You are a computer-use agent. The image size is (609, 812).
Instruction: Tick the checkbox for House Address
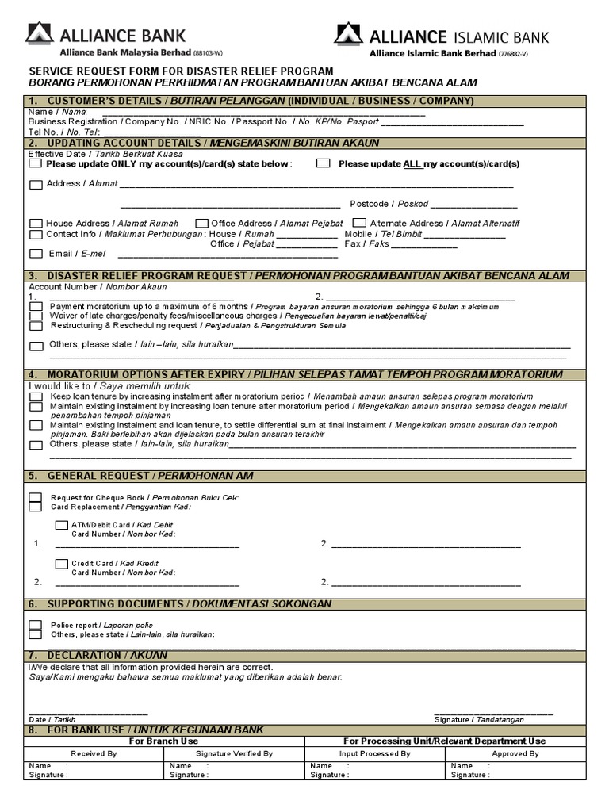coord(36,224)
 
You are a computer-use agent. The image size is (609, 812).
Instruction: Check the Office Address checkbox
coord(201,224)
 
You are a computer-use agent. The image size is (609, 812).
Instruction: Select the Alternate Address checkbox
coord(359,224)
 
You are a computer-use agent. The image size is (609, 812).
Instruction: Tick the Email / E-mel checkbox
coord(36,254)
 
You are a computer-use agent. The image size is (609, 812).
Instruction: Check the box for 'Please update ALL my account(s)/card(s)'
coord(323,164)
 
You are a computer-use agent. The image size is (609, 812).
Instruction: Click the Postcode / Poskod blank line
coord(464,204)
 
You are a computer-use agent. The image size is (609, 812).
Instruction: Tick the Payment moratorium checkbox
coord(36,307)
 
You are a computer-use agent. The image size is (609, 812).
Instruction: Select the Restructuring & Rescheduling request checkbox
coord(36,326)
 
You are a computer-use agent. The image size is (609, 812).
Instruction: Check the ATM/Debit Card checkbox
coord(61,525)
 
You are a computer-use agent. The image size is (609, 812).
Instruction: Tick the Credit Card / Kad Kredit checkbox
coord(61,563)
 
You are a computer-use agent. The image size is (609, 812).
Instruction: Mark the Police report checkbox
coord(36,625)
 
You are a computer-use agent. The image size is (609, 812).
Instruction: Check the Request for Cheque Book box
coord(36,497)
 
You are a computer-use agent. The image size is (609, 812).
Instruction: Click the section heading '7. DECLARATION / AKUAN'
coord(98,655)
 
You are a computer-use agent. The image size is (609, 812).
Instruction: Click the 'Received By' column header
coord(94,754)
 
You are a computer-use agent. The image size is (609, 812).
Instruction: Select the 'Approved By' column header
coord(515,754)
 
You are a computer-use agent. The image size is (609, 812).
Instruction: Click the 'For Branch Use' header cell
coord(163,741)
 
